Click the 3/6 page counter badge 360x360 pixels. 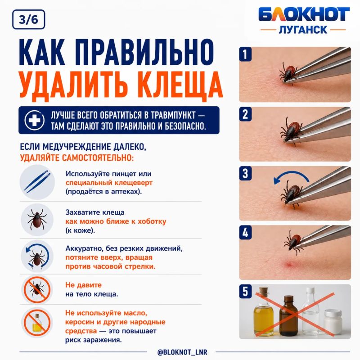pos(28,19)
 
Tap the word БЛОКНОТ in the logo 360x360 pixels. pos(304,14)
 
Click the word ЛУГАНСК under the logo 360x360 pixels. pos(303,30)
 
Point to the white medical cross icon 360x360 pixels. pos(35,120)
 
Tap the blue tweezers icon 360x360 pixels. pos(37,182)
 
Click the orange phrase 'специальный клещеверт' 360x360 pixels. pos(109,183)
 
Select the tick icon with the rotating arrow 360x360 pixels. pos(37,256)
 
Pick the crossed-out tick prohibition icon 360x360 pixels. pos(37,289)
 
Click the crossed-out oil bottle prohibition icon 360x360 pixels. pos(37,323)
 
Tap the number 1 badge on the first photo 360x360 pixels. pos(245,54)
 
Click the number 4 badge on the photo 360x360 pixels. pos(245,232)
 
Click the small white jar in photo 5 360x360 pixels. pos(333,322)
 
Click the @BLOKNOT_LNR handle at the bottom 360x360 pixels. pos(182,352)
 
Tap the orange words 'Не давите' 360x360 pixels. pos(83,285)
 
